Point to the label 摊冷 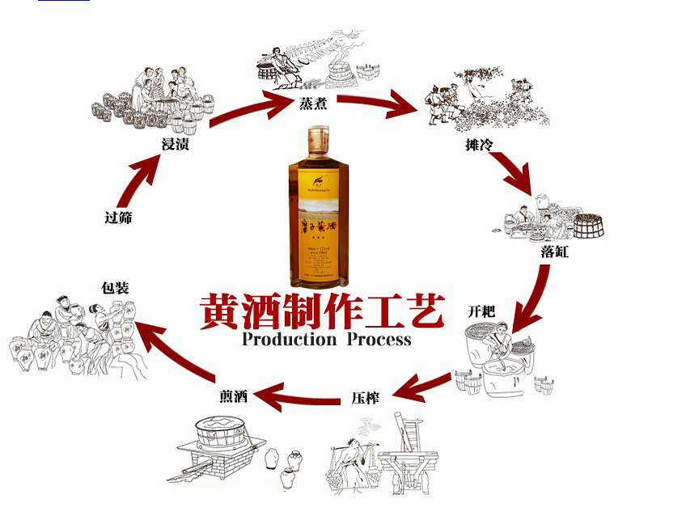(477, 145)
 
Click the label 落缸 (554, 252)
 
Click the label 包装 (116, 287)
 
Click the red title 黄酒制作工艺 (321, 312)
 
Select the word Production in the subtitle (288, 340)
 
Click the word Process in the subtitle (379, 340)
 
